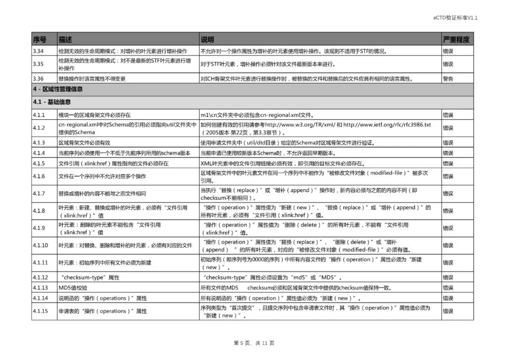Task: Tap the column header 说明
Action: click(x=208, y=39)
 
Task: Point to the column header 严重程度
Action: click(x=456, y=39)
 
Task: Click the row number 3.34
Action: click(x=39, y=51)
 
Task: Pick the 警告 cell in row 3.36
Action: click(x=448, y=79)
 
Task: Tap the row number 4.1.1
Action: click(x=39, y=115)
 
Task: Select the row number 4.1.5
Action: click(x=39, y=164)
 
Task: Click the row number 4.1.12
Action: click(x=40, y=277)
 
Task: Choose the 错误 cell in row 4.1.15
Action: click(x=448, y=311)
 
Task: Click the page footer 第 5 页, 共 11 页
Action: click(x=254, y=343)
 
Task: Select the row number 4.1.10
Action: click(x=40, y=245)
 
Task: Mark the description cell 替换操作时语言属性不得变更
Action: click(x=92, y=79)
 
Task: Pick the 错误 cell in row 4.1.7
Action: click(x=448, y=194)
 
